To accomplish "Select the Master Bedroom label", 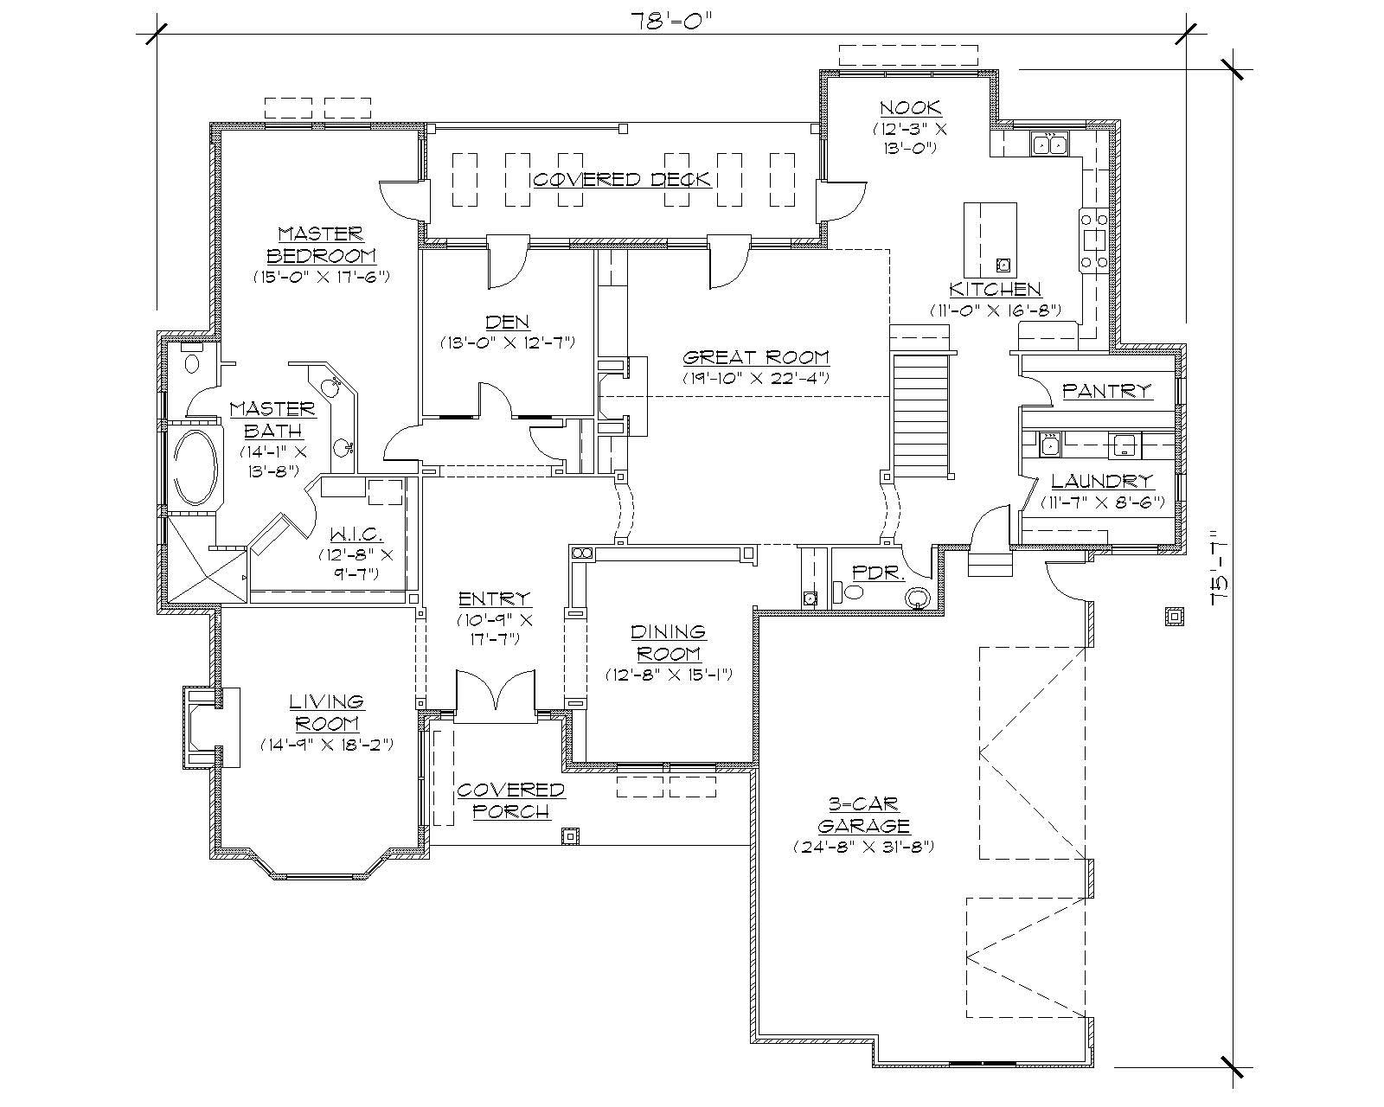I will pyautogui.click(x=321, y=245).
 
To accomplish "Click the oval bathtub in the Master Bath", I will pyautogui.click(x=197, y=468).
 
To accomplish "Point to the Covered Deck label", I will pyautogui.click(x=621, y=179).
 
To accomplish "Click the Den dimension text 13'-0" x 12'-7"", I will pyautogui.click(x=507, y=342).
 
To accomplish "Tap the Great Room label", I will pyautogui.click(x=755, y=357).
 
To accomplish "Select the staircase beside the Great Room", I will pyautogui.click(x=920, y=413).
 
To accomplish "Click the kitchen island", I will pyautogui.click(x=990, y=236).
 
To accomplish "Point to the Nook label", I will pyautogui.click(x=910, y=108).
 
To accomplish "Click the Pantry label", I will pyautogui.click(x=1107, y=391).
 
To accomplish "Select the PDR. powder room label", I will pyautogui.click(x=867, y=573).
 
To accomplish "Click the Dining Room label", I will pyautogui.click(x=667, y=643).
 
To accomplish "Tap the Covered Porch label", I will pyautogui.click(x=510, y=800).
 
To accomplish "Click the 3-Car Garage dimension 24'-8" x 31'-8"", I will pyautogui.click(x=864, y=847).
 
